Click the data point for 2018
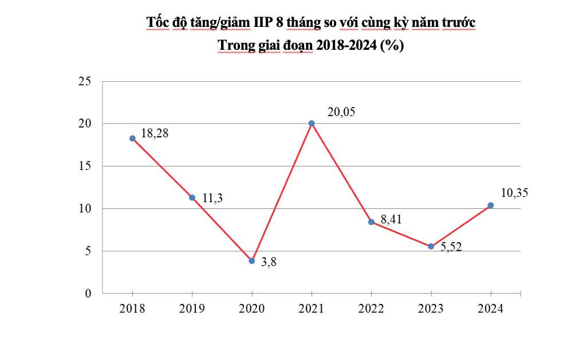pos(132,139)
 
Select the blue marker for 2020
pos(251,261)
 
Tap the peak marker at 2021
pos(312,124)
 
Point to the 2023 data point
pos(431,247)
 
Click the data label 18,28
pos(155,133)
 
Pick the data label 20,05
pos(341,112)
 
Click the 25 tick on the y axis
pos(85,81)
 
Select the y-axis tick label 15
pos(85,166)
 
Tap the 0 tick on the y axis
pos(88,293)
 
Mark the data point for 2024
pos(491,205)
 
